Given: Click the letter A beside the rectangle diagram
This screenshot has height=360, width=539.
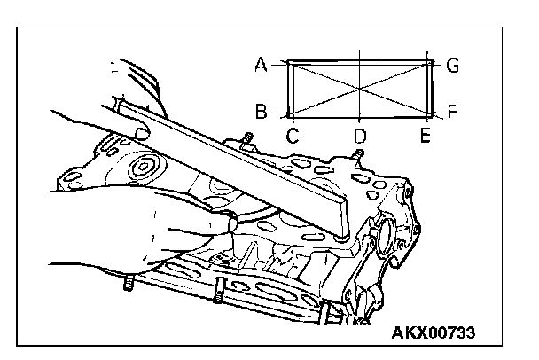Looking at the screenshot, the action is pyautogui.click(x=261, y=64).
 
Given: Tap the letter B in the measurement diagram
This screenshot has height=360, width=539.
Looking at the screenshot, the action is pyautogui.click(x=261, y=112).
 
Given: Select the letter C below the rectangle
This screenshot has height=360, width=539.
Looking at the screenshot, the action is pyautogui.click(x=292, y=135).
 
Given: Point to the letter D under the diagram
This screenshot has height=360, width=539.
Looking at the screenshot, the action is pyautogui.click(x=359, y=136).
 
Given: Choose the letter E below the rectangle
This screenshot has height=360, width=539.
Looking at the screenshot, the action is pyautogui.click(x=426, y=135).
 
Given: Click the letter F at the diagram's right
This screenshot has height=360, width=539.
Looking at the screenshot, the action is pyautogui.click(x=452, y=113).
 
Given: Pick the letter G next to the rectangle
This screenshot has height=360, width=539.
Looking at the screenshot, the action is pyautogui.click(x=452, y=65).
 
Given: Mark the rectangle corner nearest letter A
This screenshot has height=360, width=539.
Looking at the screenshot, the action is pyautogui.click(x=290, y=62).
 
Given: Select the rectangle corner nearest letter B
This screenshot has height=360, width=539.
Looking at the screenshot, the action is pyautogui.click(x=290, y=114).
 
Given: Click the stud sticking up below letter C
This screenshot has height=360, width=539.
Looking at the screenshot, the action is pyautogui.click(x=247, y=141).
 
